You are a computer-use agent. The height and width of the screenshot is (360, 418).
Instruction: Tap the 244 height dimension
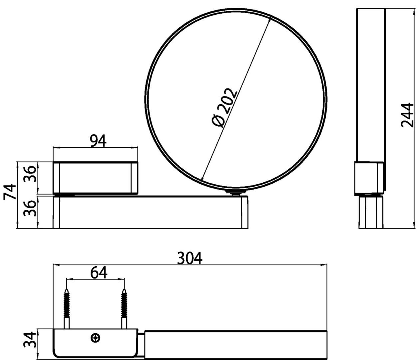[407, 115]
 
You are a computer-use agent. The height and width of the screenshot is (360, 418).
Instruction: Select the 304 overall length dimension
[190, 258]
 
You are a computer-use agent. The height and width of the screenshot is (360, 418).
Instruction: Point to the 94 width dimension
[98, 141]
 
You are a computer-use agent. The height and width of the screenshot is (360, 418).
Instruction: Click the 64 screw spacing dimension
[99, 273]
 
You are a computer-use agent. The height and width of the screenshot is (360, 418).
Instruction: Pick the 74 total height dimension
[10, 192]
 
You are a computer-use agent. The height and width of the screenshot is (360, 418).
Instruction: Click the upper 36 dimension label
[30, 174]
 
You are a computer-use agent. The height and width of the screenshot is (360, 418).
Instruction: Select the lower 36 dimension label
[30, 209]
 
